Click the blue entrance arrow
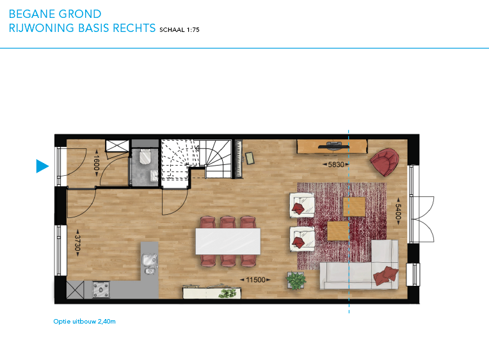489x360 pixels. [x=42, y=166]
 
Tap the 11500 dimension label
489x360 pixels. [x=255, y=280]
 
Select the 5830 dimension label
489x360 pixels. [x=336, y=164]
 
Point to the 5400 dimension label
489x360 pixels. [x=398, y=211]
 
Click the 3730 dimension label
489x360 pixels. [x=77, y=242]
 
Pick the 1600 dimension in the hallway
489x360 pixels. [x=96, y=162]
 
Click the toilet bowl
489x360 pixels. [x=145, y=157]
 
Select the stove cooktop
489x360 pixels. [x=101, y=289]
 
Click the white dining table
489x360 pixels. [x=228, y=241]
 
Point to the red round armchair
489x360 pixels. [x=385, y=162]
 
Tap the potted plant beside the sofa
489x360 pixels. [x=296, y=280]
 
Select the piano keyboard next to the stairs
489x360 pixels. [x=239, y=159]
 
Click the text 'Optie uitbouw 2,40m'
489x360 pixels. [x=84, y=322]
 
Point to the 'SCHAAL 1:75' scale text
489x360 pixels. [x=179, y=30]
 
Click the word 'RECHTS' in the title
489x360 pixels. [x=134, y=28]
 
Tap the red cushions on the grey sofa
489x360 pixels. [x=386, y=276]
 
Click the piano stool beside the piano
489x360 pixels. [x=250, y=158]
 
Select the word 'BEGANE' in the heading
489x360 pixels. [x=32, y=14]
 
